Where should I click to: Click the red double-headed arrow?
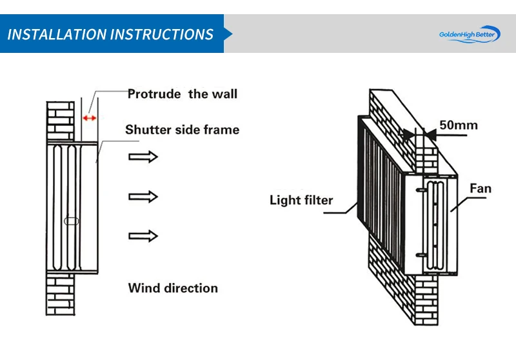click(90, 118)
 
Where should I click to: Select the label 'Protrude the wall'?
click(183, 94)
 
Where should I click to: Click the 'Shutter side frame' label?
click(182, 130)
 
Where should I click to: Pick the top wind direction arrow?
click(143, 156)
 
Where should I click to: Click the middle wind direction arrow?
click(143, 197)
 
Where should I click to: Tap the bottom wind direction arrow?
click(143, 236)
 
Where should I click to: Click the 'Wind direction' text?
click(173, 288)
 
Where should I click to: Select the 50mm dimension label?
click(458, 125)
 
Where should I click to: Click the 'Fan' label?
click(480, 188)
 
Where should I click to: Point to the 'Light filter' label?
click(301, 201)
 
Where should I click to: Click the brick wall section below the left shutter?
click(61, 294)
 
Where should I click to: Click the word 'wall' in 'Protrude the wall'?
click(223, 94)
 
